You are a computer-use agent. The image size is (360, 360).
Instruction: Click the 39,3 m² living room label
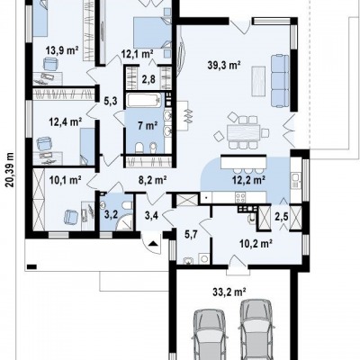(x=224, y=65)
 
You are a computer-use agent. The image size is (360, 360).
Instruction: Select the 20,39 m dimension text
(x=11, y=169)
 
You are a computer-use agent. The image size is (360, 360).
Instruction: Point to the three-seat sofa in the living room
(x=280, y=80)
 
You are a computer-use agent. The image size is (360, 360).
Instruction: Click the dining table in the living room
(x=243, y=132)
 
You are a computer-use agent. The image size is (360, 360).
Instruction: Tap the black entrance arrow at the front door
(x=153, y=243)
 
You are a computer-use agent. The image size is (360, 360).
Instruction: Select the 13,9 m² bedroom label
(x=62, y=50)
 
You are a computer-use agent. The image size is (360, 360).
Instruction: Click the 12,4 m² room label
(x=66, y=121)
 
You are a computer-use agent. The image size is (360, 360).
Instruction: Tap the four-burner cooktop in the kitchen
(x=241, y=198)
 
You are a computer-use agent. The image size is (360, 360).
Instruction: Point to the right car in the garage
(x=257, y=329)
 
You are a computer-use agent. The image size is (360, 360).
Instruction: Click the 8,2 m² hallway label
(x=152, y=180)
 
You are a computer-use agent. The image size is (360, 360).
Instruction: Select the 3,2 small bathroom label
(x=111, y=214)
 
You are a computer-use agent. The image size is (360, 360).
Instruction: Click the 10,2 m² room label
(x=256, y=244)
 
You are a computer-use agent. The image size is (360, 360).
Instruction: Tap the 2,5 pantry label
(x=282, y=217)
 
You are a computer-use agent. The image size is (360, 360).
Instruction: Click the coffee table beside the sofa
(x=258, y=81)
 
